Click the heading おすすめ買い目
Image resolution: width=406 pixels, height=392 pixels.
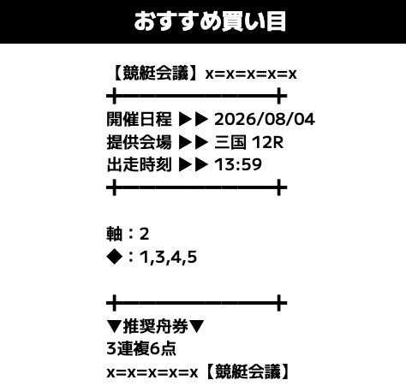[210, 21]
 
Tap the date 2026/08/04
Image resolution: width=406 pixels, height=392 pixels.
[265, 119]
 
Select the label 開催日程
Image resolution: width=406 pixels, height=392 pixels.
[139, 119]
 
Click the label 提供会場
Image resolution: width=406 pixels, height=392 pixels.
[139, 142]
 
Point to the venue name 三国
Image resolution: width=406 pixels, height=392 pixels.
[230, 142]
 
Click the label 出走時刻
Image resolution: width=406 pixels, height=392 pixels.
[139, 164]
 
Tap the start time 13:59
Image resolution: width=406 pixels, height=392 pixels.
[238, 164]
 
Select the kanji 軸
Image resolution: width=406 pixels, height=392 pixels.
[115, 234]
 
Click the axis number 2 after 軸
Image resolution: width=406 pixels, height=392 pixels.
[144, 235]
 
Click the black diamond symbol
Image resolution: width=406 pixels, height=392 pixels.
[115, 257]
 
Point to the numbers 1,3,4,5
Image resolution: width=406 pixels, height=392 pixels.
[168, 258]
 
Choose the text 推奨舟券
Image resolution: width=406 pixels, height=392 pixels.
[156, 326]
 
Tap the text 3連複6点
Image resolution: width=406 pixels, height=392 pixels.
[141, 349]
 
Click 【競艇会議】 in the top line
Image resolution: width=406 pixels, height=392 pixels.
[155, 74]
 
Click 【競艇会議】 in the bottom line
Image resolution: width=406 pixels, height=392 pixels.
[248, 371]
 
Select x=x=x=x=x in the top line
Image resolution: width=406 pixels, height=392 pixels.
[251, 74]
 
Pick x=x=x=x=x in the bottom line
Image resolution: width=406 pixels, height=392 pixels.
[152, 372]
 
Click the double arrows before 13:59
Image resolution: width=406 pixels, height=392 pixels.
[194, 164]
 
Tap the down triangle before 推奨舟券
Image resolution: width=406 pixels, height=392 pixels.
[115, 327]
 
